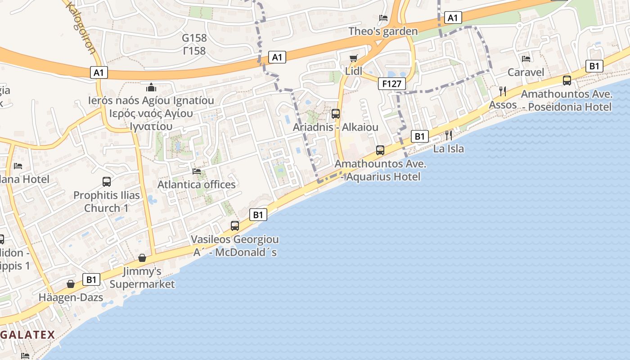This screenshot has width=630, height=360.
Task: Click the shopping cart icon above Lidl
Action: [354, 58]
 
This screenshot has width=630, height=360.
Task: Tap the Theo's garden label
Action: [383, 31]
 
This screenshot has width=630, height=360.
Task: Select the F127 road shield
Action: [391, 83]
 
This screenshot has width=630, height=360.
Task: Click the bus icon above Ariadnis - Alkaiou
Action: [336, 114]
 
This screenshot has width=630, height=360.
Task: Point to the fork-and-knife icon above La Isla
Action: [448, 135]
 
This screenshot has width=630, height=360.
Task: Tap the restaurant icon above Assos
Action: [503, 91]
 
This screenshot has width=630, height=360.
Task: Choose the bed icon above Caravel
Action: [526, 58]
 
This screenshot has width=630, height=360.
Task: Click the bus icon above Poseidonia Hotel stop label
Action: [567, 81]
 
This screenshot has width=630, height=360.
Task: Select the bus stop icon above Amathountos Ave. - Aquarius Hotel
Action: [380, 150]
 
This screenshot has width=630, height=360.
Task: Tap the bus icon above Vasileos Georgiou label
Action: [235, 226]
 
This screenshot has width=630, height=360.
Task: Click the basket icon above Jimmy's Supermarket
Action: [142, 258]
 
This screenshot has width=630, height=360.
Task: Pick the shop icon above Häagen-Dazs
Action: [71, 284]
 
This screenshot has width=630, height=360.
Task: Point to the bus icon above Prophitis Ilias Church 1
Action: [107, 182]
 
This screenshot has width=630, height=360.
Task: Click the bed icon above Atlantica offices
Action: [197, 171]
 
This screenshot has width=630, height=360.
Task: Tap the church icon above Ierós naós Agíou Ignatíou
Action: [151, 87]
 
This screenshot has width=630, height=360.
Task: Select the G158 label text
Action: [194, 38]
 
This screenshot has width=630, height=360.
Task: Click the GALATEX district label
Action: [27, 335]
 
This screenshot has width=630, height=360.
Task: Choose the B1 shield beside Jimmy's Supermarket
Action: [91, 280]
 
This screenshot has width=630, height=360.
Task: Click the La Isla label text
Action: [448, 148]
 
